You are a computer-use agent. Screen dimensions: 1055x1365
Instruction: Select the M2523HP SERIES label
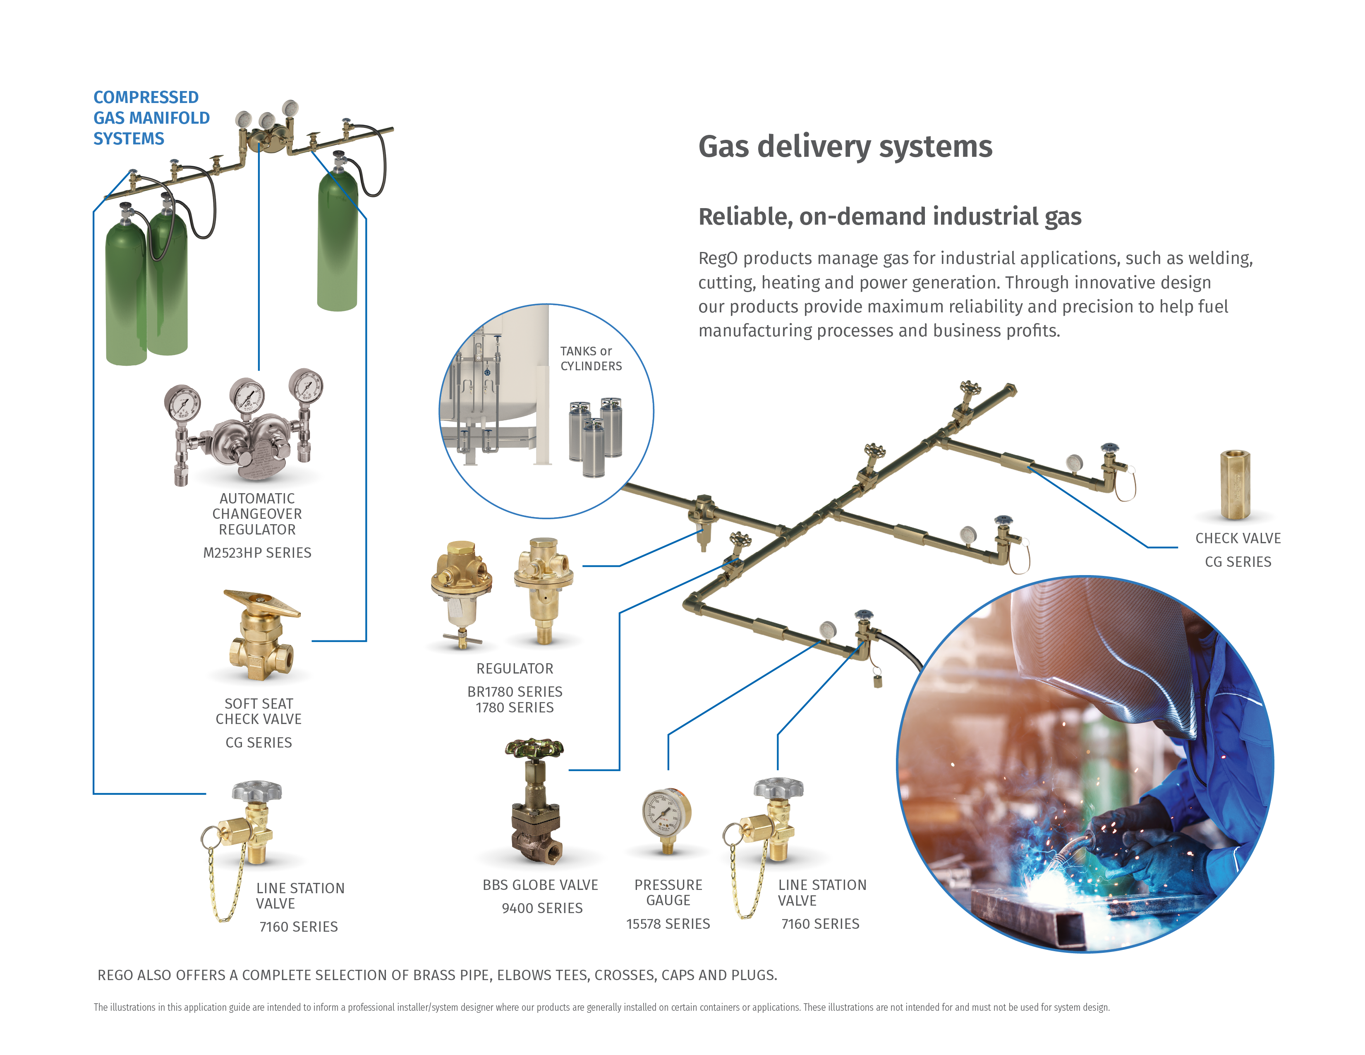tap(257, 552)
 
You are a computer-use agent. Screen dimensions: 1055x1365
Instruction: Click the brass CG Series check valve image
tap(1235, 485)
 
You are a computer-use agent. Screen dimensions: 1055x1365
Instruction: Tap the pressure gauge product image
tap(667, 817)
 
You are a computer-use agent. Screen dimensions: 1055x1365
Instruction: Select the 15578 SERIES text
tap(668, 924)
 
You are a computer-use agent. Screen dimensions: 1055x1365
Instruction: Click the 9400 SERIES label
tap(542, 908)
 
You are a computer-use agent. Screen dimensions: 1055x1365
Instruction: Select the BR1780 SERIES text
tap(515, 692)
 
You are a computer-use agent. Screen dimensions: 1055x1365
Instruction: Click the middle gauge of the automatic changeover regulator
tap(247, 396)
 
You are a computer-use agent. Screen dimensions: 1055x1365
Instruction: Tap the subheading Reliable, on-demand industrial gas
tap(889, 217)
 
